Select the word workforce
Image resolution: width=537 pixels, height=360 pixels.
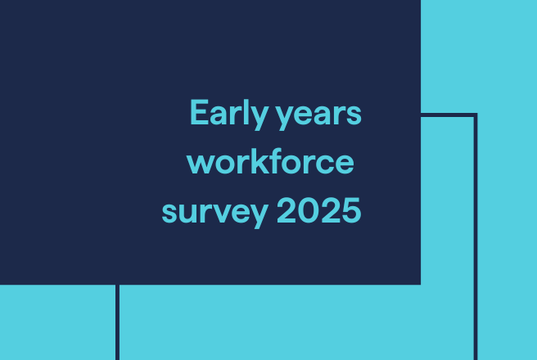point(271,162)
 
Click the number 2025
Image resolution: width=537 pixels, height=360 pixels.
point(319,211)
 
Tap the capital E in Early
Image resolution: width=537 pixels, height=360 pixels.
point(198,112)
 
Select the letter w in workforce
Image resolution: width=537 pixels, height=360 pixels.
point(201,164)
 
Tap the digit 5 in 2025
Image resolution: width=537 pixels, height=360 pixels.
point(351,211)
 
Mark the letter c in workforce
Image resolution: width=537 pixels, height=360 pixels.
point(328,164)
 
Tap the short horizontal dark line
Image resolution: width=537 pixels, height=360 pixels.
point(448,115)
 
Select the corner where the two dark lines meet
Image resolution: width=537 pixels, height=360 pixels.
point(476,115)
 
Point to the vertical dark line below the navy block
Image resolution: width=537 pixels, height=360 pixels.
point(117,322)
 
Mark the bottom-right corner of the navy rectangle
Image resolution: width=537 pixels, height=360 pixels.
point(419,283)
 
